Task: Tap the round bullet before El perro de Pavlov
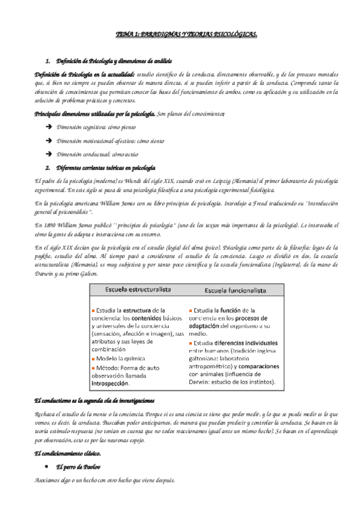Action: pos(47,467)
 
